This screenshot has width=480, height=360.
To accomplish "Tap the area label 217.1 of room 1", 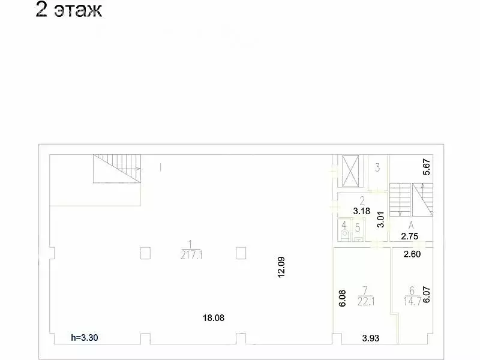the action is point(191,255).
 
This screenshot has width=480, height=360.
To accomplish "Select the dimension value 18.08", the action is point(214,318).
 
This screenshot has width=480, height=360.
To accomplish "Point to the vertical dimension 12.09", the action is point(281,267).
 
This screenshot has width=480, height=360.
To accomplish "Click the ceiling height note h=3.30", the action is point(85,338).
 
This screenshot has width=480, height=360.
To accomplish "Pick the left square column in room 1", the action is point(145,253).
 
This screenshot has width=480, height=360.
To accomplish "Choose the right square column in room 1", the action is point(241,253).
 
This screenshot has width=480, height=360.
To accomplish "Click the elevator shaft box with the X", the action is point(350,171).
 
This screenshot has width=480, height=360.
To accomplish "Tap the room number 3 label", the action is point(377,167).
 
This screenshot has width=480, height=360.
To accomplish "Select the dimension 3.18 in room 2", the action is point(362,211).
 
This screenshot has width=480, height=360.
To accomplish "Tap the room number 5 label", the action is point(358,228).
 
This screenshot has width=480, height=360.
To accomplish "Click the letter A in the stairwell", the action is point(411,226).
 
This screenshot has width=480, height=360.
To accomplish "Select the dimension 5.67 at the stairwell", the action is point(427,167).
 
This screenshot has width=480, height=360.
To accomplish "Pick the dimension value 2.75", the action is point(410,236).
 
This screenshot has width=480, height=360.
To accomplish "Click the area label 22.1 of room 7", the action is point(366,302).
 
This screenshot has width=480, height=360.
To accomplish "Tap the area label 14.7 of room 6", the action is point(412,302).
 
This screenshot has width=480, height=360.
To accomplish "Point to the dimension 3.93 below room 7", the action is point(371,338).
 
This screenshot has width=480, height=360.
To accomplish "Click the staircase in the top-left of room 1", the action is point(117,169).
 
